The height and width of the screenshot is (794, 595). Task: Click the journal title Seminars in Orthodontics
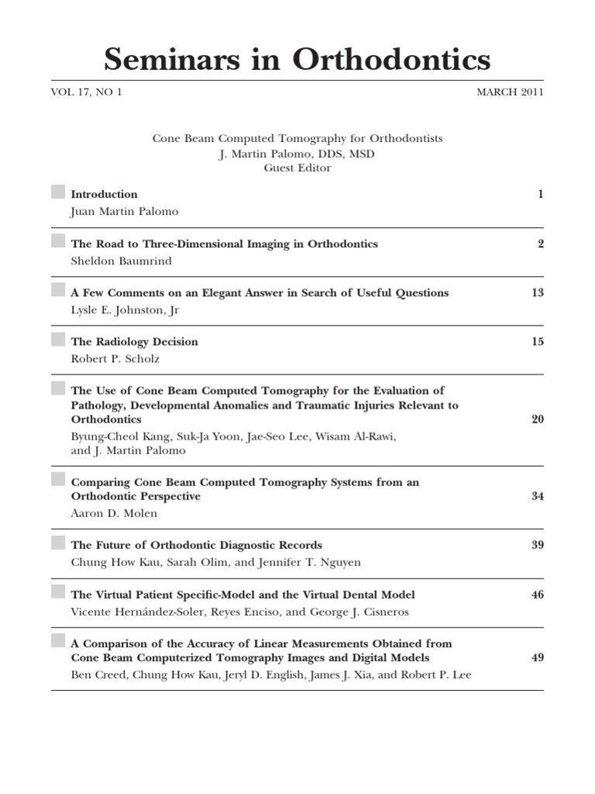point(297,60)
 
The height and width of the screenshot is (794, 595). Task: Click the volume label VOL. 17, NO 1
point(87,92)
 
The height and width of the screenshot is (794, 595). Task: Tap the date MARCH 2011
point(510,92)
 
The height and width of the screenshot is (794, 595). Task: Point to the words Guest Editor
point(297,167)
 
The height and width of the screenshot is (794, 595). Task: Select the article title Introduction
point(104,195)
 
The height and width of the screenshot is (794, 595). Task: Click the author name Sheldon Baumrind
point(121,261)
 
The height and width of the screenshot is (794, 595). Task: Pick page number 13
point(538,293)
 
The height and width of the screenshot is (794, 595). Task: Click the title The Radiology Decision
point(134,342)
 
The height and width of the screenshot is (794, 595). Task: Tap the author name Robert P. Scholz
point(116,359)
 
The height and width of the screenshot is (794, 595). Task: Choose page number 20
point(538,419)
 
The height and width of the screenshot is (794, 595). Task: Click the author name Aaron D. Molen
point(113,513)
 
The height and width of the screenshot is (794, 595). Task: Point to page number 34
point(538,496)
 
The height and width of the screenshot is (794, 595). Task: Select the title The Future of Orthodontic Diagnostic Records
point(196,545)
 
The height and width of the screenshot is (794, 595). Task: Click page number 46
point(538,595)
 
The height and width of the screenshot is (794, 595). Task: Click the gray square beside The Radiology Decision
point(58,340)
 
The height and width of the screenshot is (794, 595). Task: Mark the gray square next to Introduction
point(58,192)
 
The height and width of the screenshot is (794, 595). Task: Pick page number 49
point(538,658)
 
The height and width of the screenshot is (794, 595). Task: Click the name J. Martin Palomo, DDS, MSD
point(297,154)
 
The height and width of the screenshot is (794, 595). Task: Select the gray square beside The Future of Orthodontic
point(58,543)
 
